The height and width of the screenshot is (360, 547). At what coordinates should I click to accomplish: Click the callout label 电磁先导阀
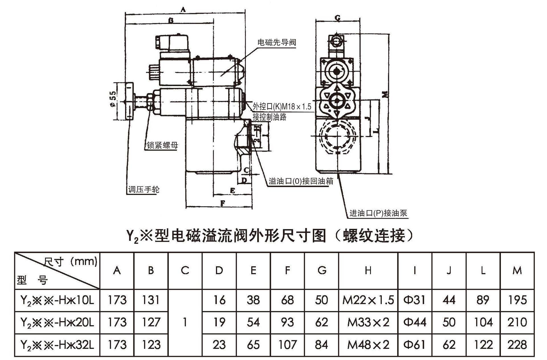tap(277, 43)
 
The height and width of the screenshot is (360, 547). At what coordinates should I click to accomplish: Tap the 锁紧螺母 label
tap(162, 145)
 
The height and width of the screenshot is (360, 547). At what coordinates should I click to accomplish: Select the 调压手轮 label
tap(144, 190)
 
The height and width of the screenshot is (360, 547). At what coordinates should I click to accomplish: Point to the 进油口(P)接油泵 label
tap(378, 213)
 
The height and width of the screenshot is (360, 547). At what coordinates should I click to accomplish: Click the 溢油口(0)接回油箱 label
tap(301, 181)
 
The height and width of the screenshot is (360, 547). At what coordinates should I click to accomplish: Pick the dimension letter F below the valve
tap(223, 203)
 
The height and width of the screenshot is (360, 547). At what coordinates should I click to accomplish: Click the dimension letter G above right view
tap(337, 19)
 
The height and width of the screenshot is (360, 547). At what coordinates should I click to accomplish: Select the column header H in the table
tap(368, 270)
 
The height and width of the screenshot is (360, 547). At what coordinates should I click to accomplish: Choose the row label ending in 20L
tap(57, 322)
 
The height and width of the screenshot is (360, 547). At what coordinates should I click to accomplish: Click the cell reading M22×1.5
tap(368, 300)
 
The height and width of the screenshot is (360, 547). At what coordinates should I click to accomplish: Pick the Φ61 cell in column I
tap(415, 345)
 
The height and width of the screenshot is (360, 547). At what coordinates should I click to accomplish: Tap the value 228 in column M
tap(517, 345)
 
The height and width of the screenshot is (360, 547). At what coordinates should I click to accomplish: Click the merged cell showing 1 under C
tap(185, 322)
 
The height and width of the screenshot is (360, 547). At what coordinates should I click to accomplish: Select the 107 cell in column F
tap(287, 345)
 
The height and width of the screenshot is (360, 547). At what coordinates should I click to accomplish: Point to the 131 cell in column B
tap(151, 300)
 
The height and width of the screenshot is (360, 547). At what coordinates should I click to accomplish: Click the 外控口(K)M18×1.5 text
tap(282, 107)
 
